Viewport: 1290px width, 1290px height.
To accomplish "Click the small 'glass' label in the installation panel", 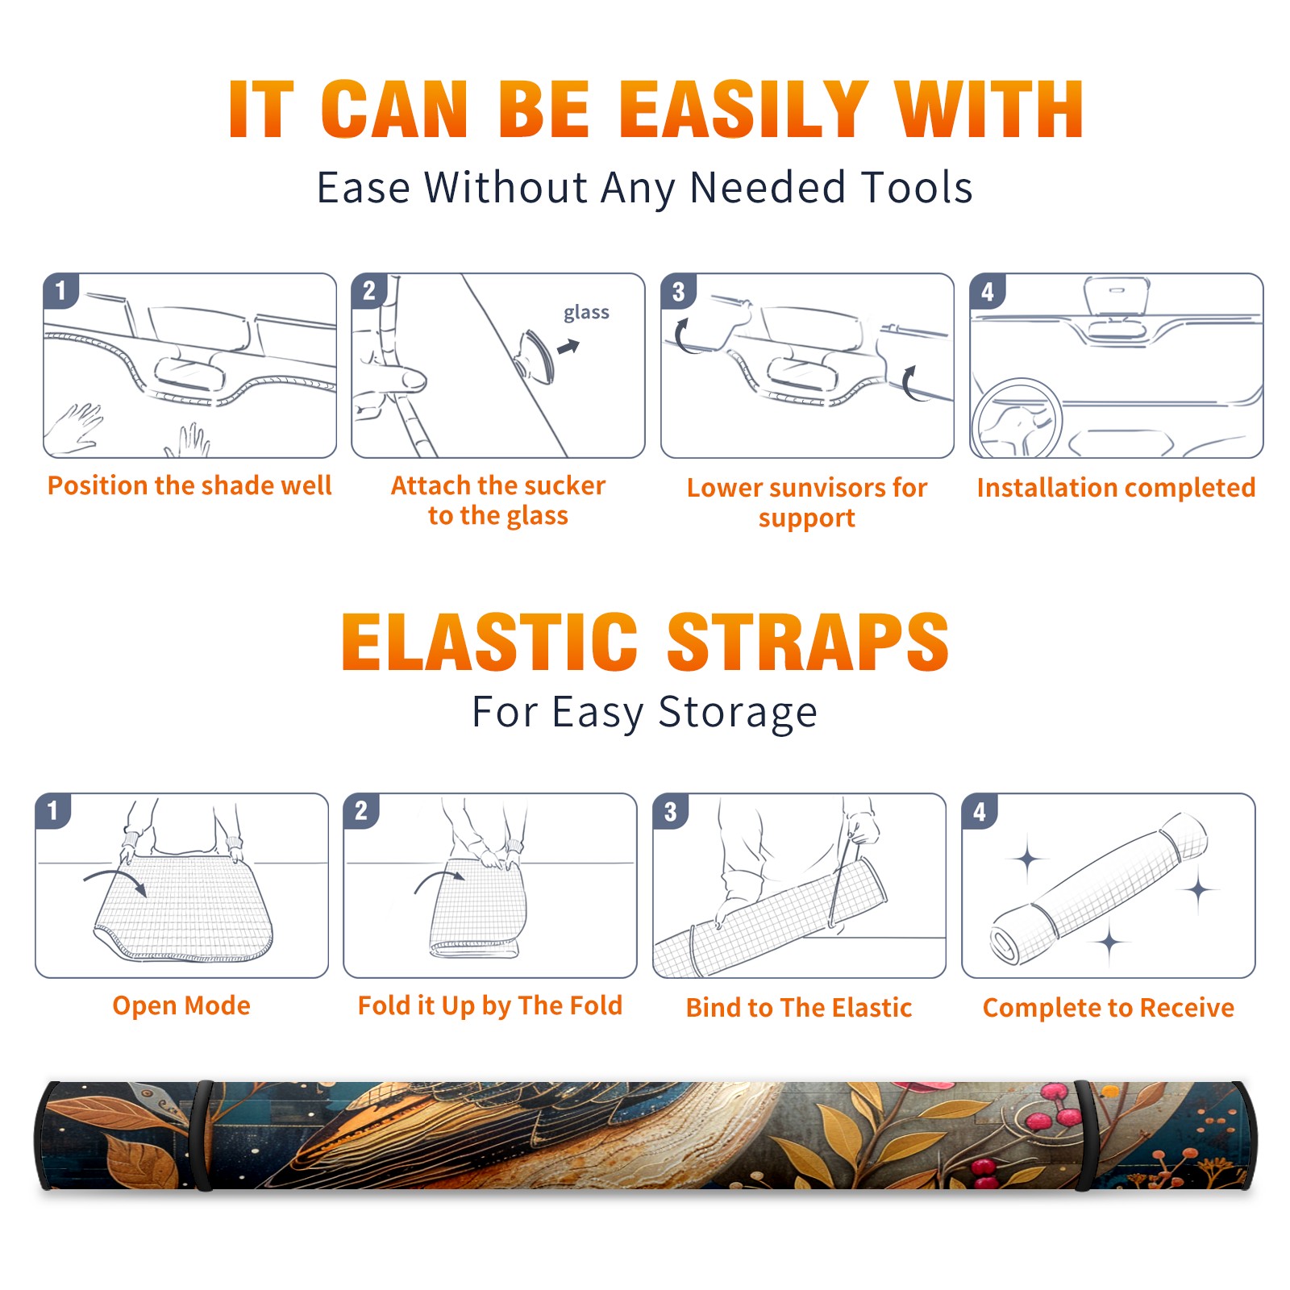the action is pos(586,313).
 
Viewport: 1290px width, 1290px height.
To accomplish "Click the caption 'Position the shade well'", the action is pos(189,485).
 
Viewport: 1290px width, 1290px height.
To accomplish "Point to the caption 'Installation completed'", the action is pos(1116,488).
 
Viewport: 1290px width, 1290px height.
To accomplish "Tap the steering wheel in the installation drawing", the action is pos(1016,419).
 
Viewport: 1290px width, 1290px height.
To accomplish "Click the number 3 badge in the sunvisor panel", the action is pos(678,291).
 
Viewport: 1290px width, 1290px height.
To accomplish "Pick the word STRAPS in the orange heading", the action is pos(808,642).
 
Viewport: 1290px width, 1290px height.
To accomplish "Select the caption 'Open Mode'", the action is pos(181,1005).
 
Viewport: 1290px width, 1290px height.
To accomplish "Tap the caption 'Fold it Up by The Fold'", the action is pos(490,1005).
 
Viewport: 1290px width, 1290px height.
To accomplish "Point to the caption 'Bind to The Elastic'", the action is pos(799,1008).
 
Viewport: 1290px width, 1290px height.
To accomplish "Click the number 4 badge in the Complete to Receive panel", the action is pos(980,811).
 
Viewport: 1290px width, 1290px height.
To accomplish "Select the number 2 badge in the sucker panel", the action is pos(369,291).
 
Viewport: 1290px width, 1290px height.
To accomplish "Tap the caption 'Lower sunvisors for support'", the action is pos(807,502).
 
